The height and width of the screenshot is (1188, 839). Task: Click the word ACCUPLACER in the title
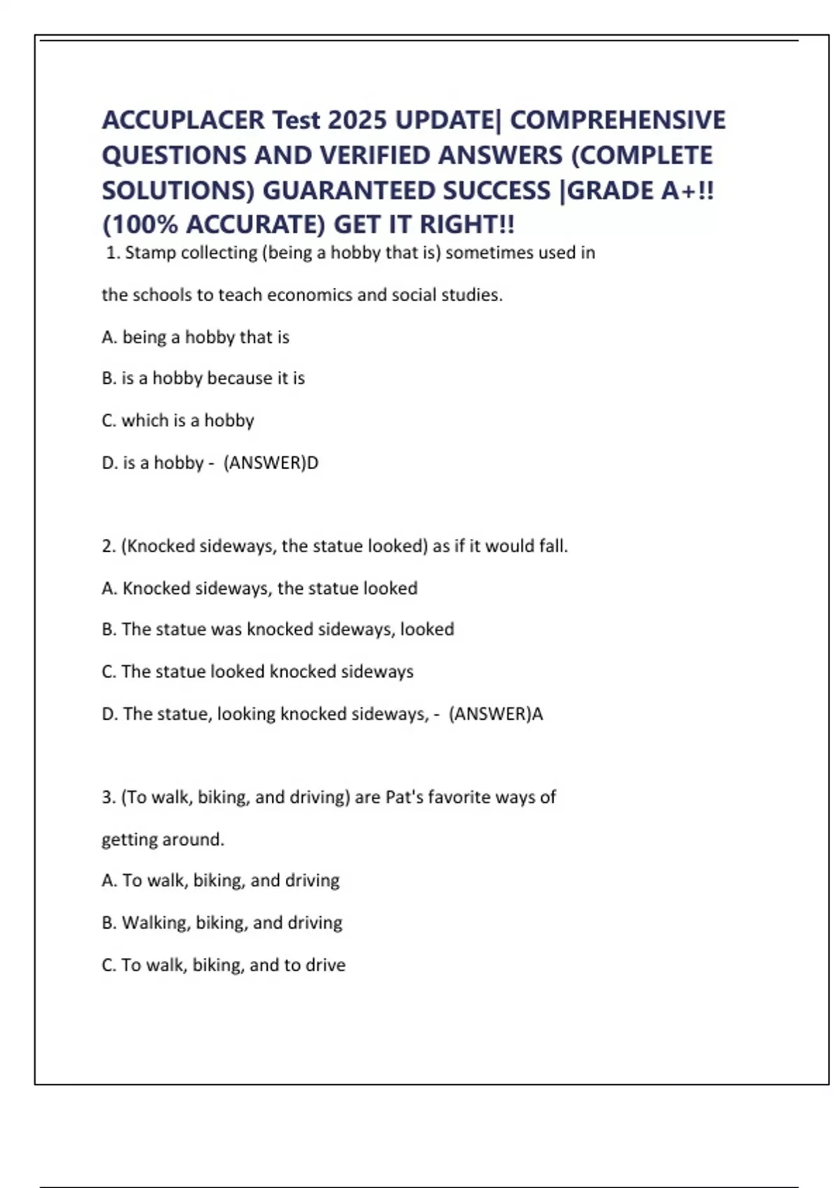[183, 120]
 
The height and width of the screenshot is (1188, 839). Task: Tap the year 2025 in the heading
[357, 120]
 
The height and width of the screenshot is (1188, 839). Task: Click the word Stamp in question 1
[150, 252]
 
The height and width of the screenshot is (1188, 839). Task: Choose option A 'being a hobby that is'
[195, 337]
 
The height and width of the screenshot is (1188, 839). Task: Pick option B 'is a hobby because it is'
[203, 378]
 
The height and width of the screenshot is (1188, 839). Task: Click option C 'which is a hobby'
[178, 420]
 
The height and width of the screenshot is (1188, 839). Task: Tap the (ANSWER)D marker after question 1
[271, 463]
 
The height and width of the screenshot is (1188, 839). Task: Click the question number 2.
[108, 546]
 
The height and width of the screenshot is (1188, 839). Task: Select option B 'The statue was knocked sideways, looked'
[278, 629]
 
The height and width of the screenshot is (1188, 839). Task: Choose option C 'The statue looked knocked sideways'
[257, 672]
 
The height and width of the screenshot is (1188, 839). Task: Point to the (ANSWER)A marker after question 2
[496, 713]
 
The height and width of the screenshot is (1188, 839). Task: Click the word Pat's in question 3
[404, 797]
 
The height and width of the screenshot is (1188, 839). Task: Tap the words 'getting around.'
[163, 839]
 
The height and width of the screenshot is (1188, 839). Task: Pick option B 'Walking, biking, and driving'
[222, 922]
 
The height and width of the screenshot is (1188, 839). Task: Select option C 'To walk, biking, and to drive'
[223, 964]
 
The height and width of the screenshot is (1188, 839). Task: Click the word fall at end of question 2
[552, 546]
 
